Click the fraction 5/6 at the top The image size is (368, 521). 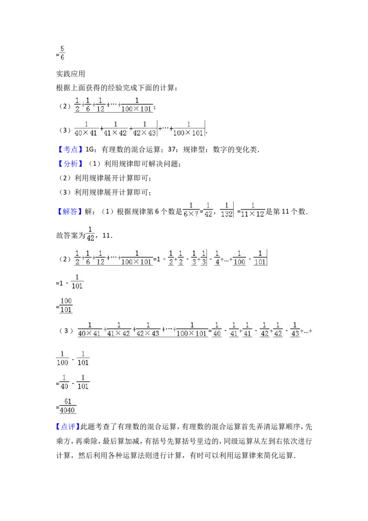(62, 53)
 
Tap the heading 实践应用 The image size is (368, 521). (70, 74)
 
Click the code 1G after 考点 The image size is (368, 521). (90, 150)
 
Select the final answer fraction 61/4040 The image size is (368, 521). (68, 405)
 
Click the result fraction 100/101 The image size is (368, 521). (66, 305)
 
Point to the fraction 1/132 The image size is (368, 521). (226, 210)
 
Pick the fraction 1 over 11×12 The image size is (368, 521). (253, 210)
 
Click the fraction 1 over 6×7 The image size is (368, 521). (191, 210)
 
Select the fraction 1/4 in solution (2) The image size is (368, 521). (217, 258)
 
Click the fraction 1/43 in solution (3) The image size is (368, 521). (295, 329)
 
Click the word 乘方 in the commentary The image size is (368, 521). (63, 441)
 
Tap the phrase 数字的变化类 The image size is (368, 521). (235, 150)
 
